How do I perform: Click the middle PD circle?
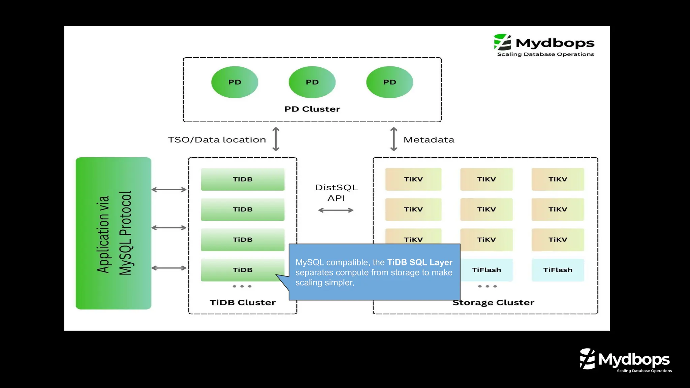click(312, 82)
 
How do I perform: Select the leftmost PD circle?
click(234, 82)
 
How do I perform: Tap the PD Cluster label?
click(312, 109)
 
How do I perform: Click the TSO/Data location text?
click(217, 140)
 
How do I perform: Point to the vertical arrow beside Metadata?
click(394, 139)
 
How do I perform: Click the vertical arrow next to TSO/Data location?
click(276, 139)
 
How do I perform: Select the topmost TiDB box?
click(243, 179)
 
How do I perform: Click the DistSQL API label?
click(336, 193)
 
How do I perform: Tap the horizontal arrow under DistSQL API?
click(336, 210)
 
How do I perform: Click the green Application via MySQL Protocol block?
click(114, 233)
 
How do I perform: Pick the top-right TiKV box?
click(558, 179)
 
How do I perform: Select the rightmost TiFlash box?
click(558, 270)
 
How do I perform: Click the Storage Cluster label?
click(494, 303)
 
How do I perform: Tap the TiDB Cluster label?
click(243, 302)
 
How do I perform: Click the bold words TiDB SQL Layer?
click(419, 262)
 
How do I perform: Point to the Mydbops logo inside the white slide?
click(544, 45)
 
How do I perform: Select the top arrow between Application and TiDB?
click(169, 190)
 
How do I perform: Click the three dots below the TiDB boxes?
click(242, 286)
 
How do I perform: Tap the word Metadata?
click(429, 140)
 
